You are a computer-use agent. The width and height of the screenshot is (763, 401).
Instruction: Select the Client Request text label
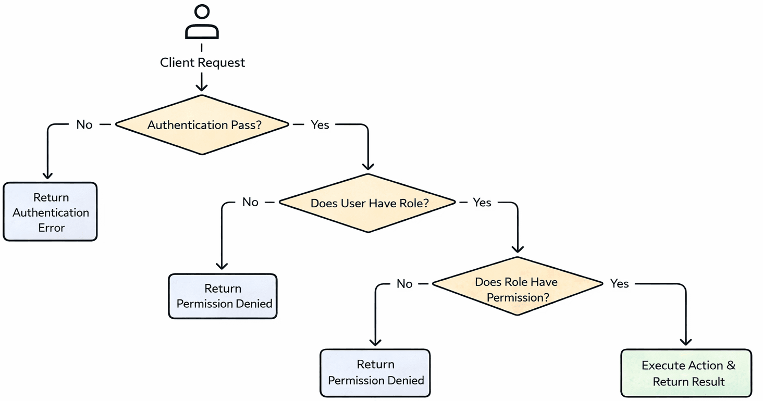coord(202,62)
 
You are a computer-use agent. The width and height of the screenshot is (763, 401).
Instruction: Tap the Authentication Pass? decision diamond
coord(202,125)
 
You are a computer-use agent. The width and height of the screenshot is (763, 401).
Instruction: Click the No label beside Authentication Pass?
coord(84,124)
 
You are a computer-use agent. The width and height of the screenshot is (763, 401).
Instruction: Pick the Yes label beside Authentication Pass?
coord(319,124)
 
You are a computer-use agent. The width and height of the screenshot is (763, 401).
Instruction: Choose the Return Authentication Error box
coord(51,212)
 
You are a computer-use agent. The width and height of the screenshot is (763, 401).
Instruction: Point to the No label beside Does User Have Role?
coord(250,202)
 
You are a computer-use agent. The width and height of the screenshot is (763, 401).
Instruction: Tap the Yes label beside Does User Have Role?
coord(482,202)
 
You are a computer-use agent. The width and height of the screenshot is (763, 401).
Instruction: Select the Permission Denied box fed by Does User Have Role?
coord(223,296)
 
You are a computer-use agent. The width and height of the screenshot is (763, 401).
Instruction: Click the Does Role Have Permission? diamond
coord(516,286)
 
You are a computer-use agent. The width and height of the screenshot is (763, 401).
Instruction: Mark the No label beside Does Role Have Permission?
coord(404,284)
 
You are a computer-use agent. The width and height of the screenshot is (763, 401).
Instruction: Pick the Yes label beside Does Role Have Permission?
coord(619,284)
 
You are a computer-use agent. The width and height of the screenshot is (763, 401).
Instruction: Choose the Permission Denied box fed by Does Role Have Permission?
coord(375,372)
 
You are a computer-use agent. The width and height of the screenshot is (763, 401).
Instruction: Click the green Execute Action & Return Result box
coord(686,373)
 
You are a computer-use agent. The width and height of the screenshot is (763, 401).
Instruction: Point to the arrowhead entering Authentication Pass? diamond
coord(202,87)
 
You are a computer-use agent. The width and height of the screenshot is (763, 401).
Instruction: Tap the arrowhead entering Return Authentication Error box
coord(48,176)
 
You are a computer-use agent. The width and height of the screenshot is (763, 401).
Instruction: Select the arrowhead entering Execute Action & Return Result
coord(686,342)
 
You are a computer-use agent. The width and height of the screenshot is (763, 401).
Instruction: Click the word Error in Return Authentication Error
coord(51,228)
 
